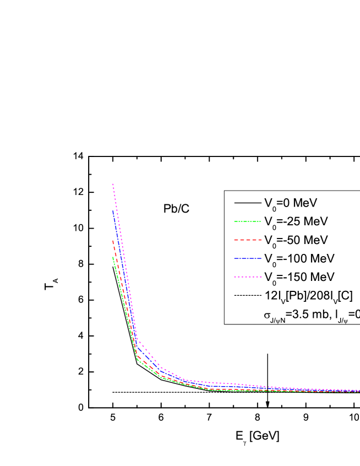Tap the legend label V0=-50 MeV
tap(296, 240)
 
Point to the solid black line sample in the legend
tap(247, 203)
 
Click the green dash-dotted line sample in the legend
tap(247, 222)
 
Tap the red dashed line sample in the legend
tap(247, 241)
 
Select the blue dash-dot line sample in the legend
tap(247, 259)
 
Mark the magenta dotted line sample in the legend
tap(247, 277)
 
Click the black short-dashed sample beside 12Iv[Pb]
tap(247, 296)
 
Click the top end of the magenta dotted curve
tap(113, 184)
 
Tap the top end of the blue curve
tap(113, 210)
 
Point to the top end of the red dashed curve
tap(113, 240)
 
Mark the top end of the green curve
tap(113, 257)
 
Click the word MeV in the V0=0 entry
tap(303, 203)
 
